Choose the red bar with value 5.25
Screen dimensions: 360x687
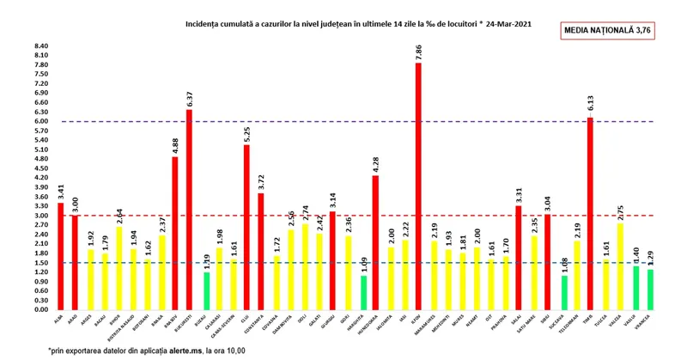point(246,227)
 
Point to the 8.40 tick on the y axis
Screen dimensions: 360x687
point(40,46)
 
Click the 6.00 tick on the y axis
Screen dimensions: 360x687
point(40,121)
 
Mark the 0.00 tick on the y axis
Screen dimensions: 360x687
point(40,309)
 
